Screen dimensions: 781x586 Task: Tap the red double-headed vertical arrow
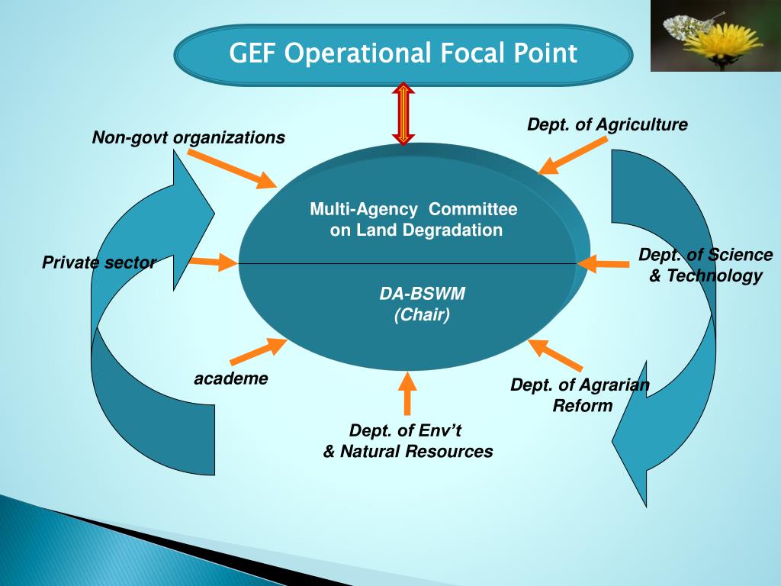coord(403,113)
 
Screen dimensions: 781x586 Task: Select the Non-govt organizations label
coord(188,138)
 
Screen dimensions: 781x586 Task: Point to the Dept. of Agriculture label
coord(607,124)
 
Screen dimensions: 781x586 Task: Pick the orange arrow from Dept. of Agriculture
coord(571,156)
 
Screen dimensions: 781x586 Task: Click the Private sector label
coord(98,263)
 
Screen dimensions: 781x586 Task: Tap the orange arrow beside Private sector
coord(213,262)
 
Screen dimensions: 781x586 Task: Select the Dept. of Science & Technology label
coord(705,265)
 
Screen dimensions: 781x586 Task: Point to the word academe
coord(231,378)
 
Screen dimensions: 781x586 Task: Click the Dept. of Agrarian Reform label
coord(581,394)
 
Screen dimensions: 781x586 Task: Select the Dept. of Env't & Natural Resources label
coord(407,440)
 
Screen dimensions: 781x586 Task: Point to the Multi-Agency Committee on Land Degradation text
coord(414,220)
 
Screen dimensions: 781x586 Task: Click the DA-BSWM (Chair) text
coord(422,304)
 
